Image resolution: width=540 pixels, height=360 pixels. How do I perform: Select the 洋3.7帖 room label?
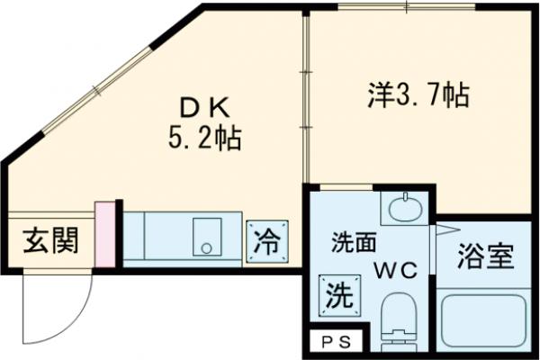[418, 95]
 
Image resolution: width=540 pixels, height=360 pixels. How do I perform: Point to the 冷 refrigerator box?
[267, 241]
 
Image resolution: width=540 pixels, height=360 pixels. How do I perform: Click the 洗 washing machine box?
[340, 294]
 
